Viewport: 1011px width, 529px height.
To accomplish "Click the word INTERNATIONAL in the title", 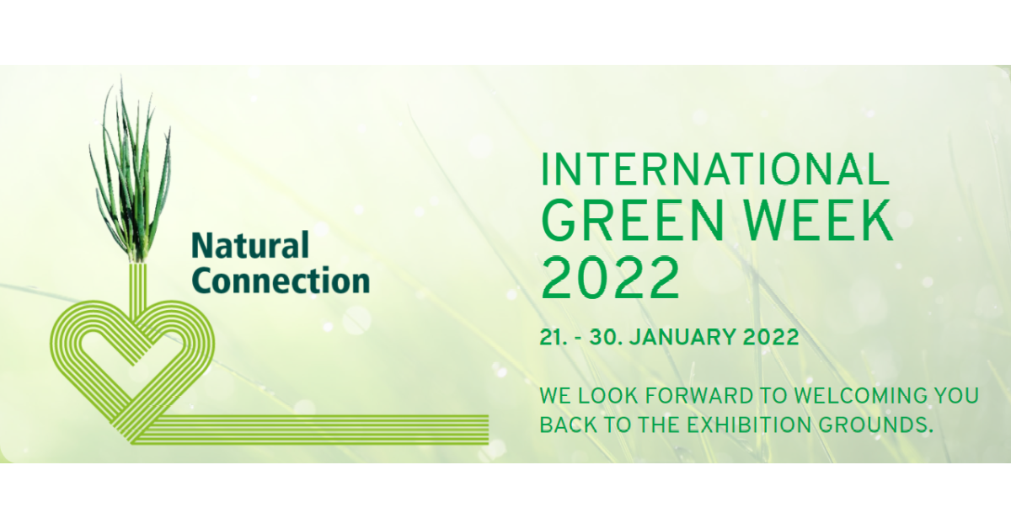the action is (715, 169).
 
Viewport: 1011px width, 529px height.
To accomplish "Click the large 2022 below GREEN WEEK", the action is (610, 278).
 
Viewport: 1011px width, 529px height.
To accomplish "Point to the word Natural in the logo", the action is (250, 245).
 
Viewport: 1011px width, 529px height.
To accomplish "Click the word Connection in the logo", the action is (281, 281).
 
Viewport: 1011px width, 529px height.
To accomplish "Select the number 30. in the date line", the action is (606, 337).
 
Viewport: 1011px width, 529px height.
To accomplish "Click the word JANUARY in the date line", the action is (683, 337).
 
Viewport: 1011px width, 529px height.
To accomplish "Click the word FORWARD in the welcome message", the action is (700, 396).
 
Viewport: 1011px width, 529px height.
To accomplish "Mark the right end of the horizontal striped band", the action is (489, 429).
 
